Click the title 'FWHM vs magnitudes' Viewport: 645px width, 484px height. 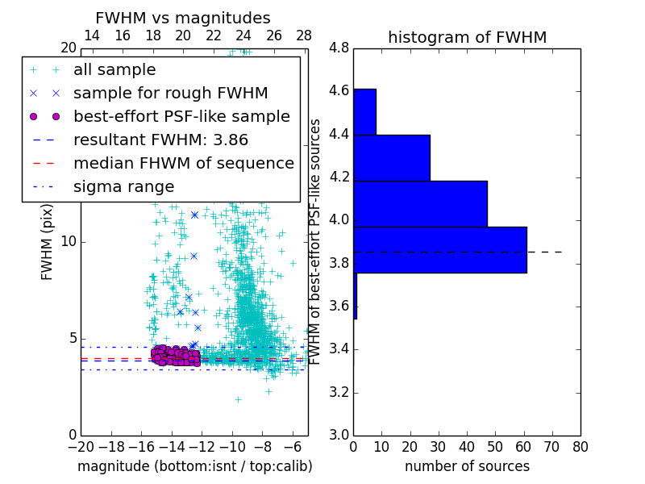point(183,19)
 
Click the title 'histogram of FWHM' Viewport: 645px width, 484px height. point(467,37)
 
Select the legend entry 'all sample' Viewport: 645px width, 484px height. point(114,70)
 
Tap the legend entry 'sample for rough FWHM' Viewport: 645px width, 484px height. point(170,94)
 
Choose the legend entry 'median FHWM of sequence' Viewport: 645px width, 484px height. point(183,163)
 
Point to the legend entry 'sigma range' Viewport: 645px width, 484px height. point(123,186)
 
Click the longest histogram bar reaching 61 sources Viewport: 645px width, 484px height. point(440,249)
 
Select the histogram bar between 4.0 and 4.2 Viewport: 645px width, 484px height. point(420,204)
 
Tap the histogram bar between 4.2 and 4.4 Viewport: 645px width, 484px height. point(392,157)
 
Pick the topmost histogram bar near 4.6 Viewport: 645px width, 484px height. point(364,111)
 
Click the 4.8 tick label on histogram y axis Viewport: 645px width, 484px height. point(339,48)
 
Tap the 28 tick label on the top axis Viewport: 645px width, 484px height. point(304,35)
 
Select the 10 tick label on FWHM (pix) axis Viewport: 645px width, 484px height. point(68,242)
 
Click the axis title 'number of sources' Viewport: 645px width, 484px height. point(467,466)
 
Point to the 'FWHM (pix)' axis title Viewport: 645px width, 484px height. point(48,242)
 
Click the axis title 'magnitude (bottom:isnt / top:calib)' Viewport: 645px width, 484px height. point(194,466)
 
